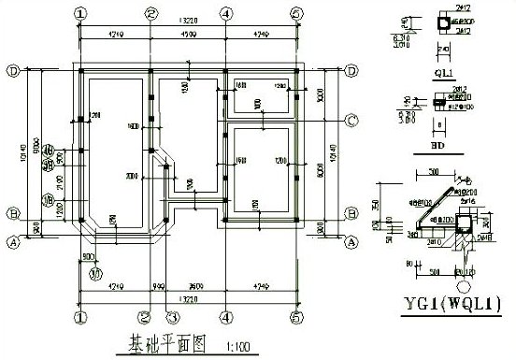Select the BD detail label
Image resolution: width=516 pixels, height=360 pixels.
(437, 146)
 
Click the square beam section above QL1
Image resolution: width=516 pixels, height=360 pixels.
(441, 24)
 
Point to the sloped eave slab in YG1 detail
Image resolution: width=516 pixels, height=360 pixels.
(432, 201)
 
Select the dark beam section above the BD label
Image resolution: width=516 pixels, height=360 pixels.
(439, 99)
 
